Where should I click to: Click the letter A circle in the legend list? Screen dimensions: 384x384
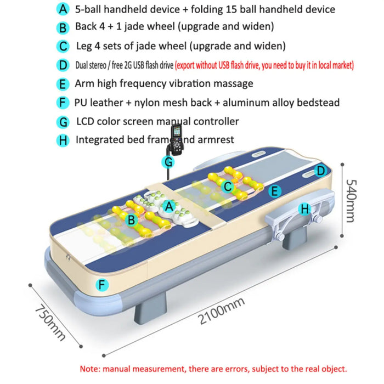click(x=64, y=10)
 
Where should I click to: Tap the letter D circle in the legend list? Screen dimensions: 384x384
click(x=64, y=65)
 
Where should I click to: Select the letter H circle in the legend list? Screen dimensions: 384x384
click(x=64, y=140)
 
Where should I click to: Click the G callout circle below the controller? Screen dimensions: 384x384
click(x=169, y=161)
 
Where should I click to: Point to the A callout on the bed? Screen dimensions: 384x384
click(x=170, y=206)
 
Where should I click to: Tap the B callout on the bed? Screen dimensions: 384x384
click(x=131, y=221)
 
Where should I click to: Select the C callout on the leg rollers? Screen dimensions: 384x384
click(x=227, y=187)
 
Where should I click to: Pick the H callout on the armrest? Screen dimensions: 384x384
click(x=305, y=209)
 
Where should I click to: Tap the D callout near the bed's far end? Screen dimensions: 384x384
click(x=320, y=171)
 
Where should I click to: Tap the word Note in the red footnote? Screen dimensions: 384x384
click(x=90, y=369)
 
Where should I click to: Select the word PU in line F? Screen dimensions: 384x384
click(x=81, y=103)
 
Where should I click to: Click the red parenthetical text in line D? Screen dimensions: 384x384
click(x=264, y=66)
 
